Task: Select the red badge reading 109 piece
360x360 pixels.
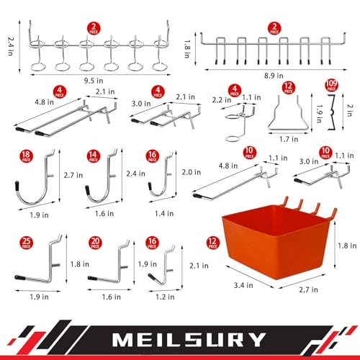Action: (332, 87)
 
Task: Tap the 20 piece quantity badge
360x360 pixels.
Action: (93, 242)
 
